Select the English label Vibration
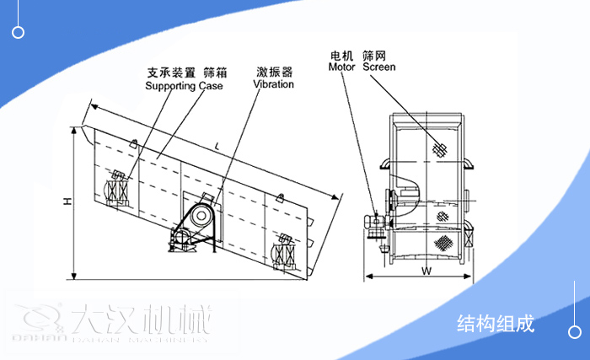click(274, 84)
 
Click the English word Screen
click(378, 67)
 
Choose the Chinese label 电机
click(342, 55)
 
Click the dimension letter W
click(426, 271)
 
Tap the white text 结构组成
click(496, 324)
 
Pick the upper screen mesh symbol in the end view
click(438, 148)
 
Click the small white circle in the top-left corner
click(19, 32)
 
